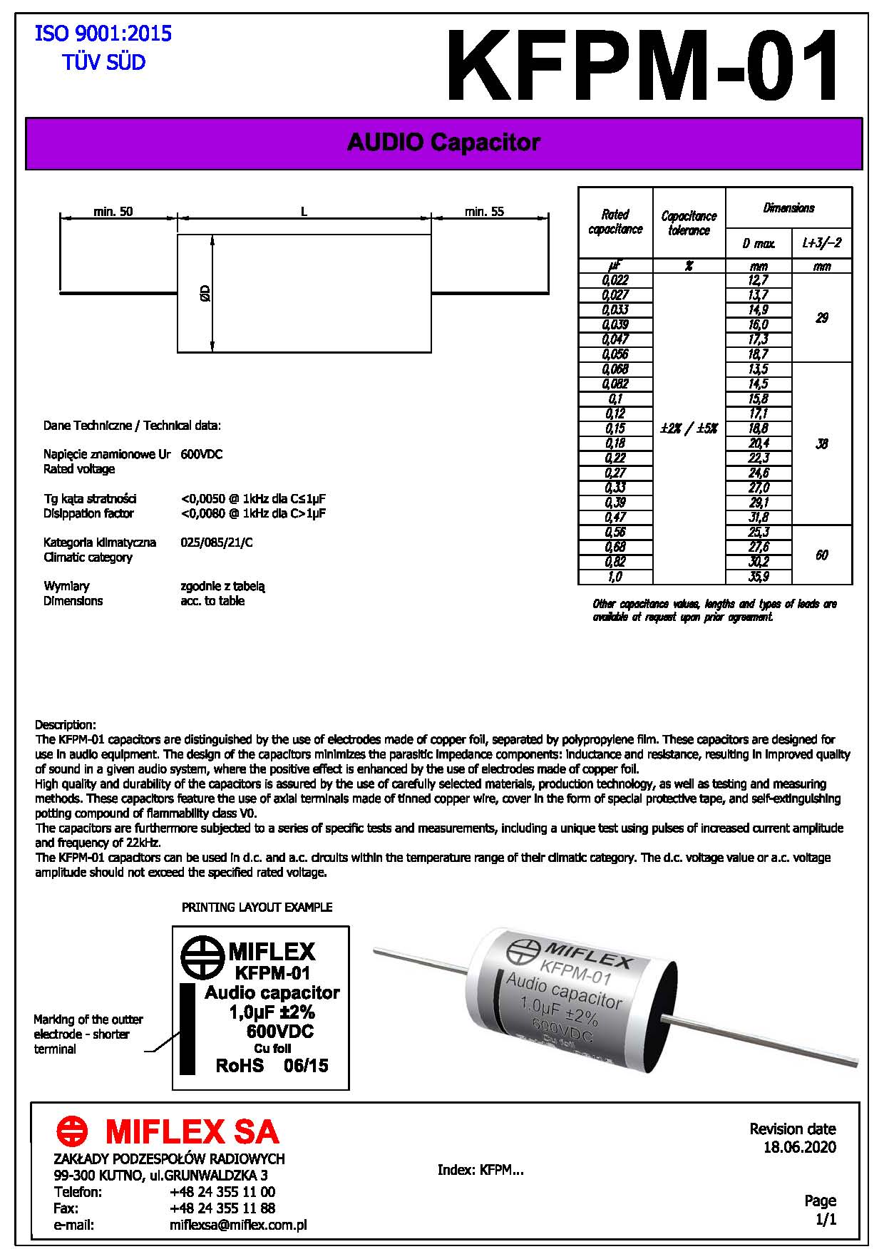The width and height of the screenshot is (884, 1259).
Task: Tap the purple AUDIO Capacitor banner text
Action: (443, 143)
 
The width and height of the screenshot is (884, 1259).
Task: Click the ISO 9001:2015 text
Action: (103, 34)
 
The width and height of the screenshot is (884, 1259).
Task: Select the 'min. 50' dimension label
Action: (113, 212)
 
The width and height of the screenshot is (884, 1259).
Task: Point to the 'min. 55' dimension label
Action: (484, 212)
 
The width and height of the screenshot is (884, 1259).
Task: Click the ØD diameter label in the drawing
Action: (205, 293)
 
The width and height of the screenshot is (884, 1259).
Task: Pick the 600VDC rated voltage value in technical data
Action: (202, 454)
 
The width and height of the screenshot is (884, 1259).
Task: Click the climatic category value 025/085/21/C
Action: (217, 543)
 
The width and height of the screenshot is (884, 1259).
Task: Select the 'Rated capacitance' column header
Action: (615, 222)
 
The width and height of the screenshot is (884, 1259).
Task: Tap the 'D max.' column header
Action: (759, 244)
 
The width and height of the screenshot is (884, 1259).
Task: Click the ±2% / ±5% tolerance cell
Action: (689, 428)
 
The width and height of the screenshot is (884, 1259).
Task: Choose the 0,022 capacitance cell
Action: (615, 280)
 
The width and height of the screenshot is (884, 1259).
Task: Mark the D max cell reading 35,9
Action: (759, 577)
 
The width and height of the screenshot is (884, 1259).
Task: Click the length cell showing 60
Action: (822, 555)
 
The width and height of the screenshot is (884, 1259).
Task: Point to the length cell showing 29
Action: (822, 318)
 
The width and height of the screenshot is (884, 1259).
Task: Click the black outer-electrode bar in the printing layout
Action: (187, 1028)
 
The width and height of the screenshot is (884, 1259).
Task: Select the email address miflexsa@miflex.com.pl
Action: (238, 1225)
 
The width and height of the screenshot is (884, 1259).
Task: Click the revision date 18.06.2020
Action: (799, 1147)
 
